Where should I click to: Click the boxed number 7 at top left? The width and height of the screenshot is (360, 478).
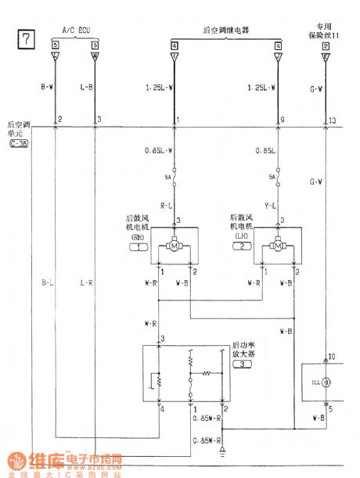pyautogui.click(x=25, y=39)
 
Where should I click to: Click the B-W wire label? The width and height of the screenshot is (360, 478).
pyautogui.click(x=47, y=88)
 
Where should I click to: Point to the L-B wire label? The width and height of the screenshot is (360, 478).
pyautogui.click(x=86, y=88)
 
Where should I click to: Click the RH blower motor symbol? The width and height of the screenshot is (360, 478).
pyautogui.click(x=174, y=247)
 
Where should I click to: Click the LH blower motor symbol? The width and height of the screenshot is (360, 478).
pyautogui.click(x=277, y=247)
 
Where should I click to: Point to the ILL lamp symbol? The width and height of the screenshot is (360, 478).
pyautogui.click(x=323, y=383)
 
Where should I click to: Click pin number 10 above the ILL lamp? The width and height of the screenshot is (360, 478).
pyautogui.click(x=331, y=356)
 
